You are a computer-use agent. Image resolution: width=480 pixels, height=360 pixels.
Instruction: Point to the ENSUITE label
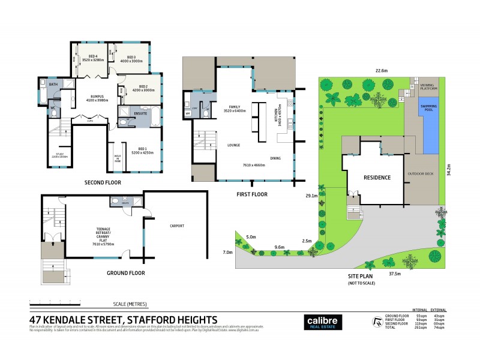(142, 112)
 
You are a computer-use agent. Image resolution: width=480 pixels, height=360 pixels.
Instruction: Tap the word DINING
(276, 158)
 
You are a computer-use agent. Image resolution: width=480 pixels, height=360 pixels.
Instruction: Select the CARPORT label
(176, 226)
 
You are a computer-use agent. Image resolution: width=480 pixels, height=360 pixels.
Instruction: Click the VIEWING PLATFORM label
(428, 87)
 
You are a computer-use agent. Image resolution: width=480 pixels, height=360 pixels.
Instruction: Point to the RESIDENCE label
(377, 178)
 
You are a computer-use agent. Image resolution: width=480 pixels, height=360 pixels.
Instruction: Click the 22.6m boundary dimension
(380, 70)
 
